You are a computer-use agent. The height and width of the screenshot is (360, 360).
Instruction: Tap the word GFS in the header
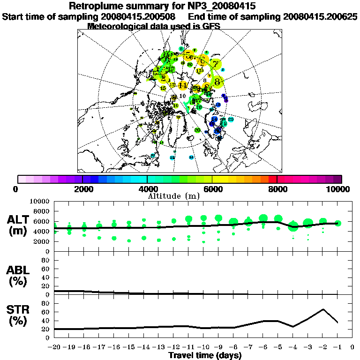tap(211, 26)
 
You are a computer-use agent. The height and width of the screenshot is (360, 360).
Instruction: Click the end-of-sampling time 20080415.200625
tap(320, 16)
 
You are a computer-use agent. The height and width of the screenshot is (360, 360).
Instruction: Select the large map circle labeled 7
tap(215, 64)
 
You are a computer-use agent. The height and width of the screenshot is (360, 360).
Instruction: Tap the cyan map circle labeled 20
tap(230, 120)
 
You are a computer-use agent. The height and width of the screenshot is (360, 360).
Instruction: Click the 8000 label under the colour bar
tap(277, 189)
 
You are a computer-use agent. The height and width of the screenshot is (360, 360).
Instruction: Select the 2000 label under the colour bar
tap(82, 189)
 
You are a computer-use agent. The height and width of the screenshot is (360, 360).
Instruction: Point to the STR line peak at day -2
tap(323, 309)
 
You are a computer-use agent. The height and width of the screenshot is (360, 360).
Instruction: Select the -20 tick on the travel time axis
tap(54, 347)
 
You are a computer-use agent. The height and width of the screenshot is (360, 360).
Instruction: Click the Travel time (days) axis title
tap(205, 355)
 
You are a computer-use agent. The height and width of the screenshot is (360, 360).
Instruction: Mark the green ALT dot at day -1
tap(337, 223)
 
